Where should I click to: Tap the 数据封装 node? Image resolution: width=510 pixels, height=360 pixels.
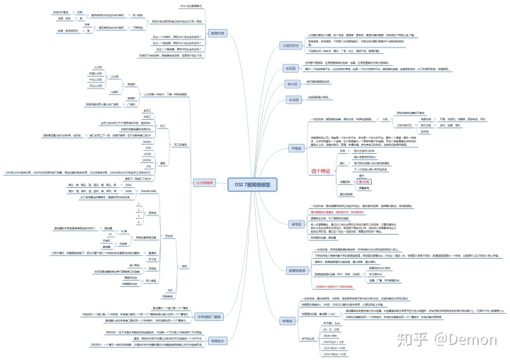click(217, 33)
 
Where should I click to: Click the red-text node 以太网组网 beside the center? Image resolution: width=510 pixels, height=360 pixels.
click(204, 182)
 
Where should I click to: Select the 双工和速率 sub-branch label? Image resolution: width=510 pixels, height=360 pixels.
click(181, 143)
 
